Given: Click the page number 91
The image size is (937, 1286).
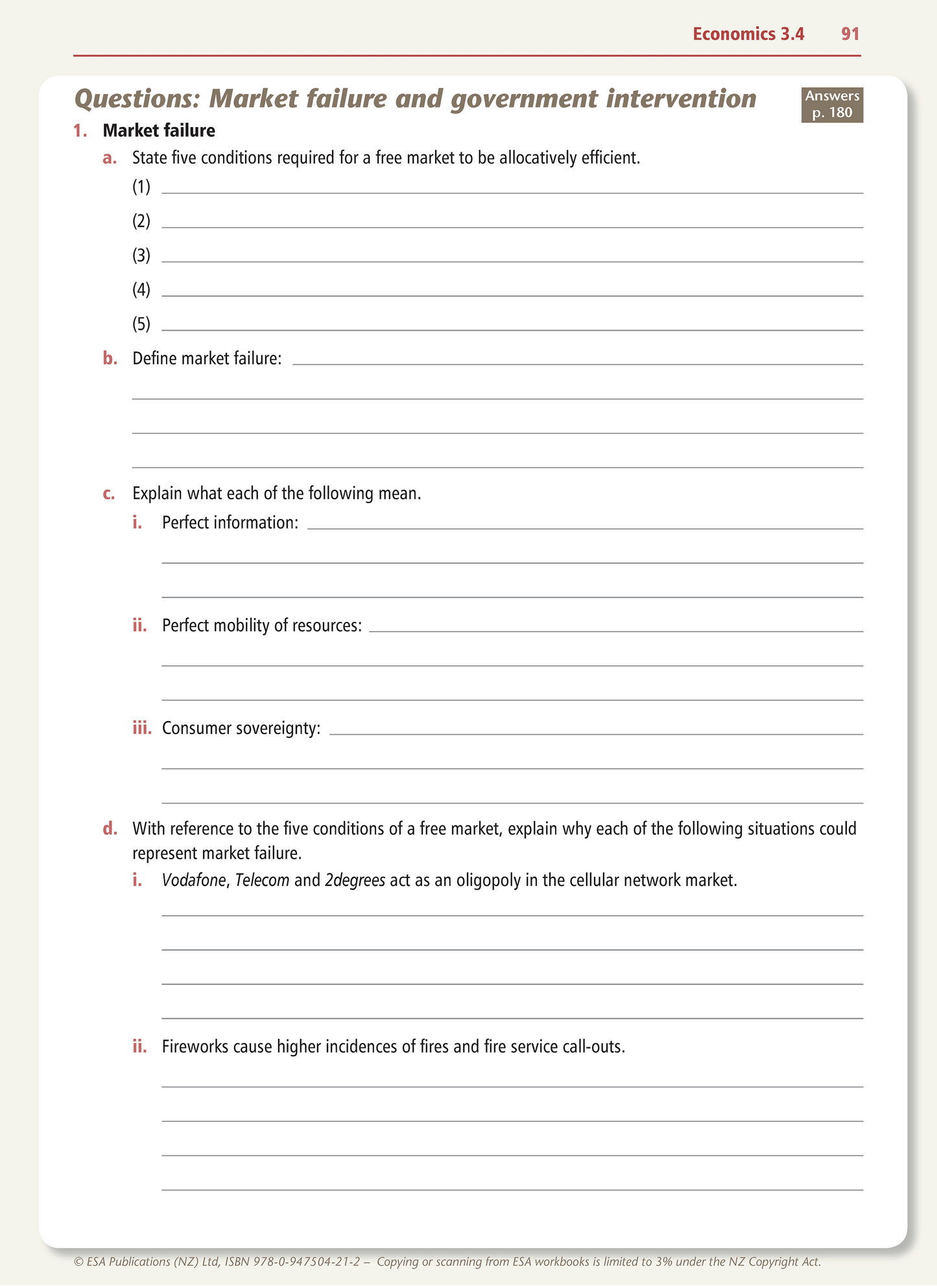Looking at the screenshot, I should pyautogui.click(x=850, y=34).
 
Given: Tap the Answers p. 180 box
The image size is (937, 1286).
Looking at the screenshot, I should pyautogui.click(x=832, y=104).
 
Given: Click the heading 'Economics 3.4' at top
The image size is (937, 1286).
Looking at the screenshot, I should pyautogui.click(x=748, y=34).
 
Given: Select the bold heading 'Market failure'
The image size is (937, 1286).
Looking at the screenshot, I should pyautogui.click(x=159, y=130).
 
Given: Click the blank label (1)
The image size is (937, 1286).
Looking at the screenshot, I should pyautogui.click(x=141, y=187).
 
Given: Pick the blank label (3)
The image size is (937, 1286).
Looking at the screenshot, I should pyautogui.click(x=141, y=256).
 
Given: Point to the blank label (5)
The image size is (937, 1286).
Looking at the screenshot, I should pyautogui.click(x=141, y=324).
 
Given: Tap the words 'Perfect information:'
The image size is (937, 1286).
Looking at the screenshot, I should pyautogui.click(x=230, y=523).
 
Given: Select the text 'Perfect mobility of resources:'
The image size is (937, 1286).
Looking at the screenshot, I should pyautogui.click(x=262, y=626).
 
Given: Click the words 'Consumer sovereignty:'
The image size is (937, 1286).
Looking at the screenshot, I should pyautogui.click(x=241, y=728).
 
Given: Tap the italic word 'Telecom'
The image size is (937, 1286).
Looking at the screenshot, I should pyautogui.click(x=262, y=881).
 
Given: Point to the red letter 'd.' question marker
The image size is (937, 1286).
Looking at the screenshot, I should pyautogui.click(x=110, y=829).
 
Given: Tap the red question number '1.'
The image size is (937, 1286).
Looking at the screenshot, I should pyautogui.click(x=80, y=131).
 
